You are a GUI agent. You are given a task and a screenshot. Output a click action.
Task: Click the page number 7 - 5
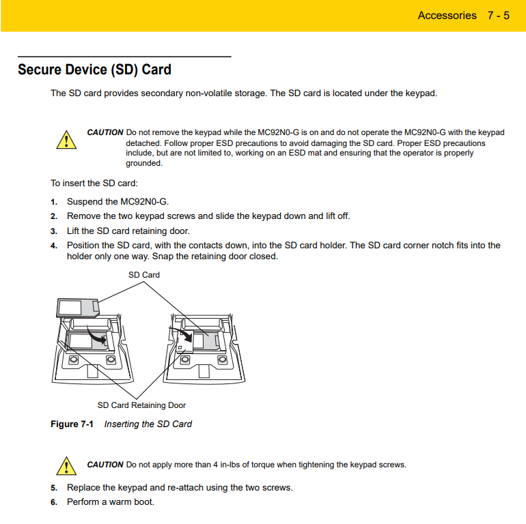498,15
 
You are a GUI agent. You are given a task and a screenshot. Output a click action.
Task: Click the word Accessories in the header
447,15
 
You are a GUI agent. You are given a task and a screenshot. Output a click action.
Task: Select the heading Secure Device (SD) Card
94,70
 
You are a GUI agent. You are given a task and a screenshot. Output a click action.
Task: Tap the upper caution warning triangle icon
66,140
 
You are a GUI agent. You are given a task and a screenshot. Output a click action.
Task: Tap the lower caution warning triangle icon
66,466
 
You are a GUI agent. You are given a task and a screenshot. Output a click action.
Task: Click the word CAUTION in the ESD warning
105,132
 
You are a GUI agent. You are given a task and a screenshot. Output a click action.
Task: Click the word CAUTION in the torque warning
105,465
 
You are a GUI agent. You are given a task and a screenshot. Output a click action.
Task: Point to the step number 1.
53,202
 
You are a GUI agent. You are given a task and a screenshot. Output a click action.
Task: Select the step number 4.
53,246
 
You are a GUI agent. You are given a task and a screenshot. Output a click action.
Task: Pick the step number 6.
53,502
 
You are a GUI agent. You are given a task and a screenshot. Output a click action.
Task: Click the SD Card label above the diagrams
144,275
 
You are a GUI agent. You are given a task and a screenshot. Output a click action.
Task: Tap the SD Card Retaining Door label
141,405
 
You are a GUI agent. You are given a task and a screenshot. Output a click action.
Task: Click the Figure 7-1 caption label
72,424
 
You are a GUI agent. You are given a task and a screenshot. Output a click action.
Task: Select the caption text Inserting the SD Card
148,424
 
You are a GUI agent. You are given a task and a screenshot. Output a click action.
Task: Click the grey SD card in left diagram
77,306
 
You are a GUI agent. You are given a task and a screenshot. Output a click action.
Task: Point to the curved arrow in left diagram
98,335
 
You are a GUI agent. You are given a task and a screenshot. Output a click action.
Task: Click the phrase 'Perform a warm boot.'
111,502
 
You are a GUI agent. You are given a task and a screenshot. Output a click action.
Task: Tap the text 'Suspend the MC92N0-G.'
117,202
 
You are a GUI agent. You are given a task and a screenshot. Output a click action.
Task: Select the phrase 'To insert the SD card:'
94,183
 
